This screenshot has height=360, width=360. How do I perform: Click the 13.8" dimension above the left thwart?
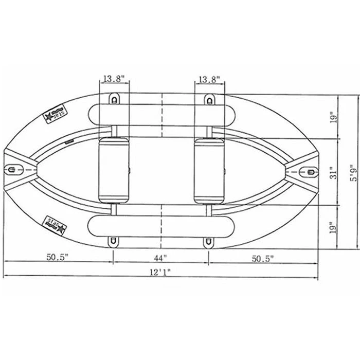[114, 79]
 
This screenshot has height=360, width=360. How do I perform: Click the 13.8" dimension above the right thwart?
[208, 79]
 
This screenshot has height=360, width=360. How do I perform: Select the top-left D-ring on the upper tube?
[114, 98]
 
